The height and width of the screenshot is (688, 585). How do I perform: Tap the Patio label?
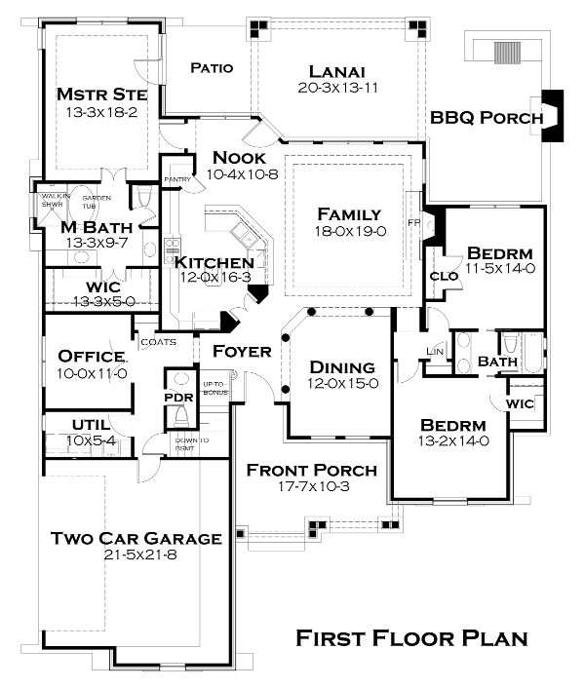[212, 68]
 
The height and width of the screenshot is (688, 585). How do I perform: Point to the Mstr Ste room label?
[101, 95]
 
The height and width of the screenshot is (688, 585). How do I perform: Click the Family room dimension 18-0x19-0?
[352, 232]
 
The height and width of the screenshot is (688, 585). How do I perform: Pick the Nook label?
[239, 158]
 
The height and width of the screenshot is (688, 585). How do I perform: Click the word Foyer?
[241, 351]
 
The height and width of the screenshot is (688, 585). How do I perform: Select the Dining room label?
[342, 367]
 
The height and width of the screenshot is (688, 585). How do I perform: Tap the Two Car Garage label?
[136, 538]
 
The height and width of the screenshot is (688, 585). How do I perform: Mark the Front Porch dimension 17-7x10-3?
[311, 488]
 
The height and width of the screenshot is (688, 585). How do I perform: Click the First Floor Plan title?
[411, 639]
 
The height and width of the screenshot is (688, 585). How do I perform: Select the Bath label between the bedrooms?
[497, 362]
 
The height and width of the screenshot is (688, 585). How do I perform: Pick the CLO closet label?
[445, 277]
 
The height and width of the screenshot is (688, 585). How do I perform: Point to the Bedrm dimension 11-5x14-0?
[500, 268]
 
